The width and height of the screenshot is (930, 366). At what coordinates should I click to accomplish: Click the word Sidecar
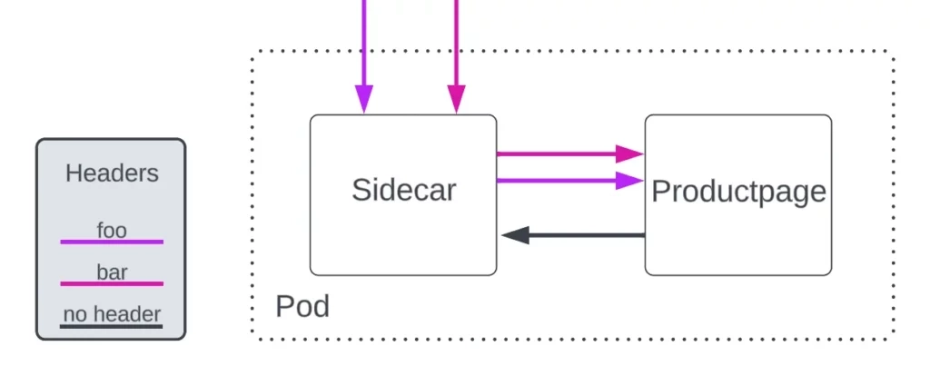click(403, 191)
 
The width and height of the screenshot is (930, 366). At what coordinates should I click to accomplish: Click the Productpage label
click(738, 192)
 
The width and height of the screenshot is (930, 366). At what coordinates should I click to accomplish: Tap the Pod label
click(302, 306)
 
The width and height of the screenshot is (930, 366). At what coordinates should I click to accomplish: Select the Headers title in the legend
click(112, 173)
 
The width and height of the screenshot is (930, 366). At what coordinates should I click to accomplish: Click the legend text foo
click(112, 231)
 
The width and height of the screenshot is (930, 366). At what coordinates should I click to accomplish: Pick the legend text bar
click(112, 272)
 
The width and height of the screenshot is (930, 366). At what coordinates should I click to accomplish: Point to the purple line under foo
click(112, 242)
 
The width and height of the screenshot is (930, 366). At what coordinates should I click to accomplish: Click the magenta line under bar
click(112, 283)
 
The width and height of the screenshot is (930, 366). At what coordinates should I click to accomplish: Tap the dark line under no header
click(112, 326)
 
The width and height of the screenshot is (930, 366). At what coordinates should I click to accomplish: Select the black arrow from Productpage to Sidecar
click(581, 235)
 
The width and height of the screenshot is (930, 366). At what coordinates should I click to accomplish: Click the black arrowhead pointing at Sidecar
click(515, 235)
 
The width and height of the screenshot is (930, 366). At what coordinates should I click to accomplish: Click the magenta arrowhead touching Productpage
click(629, 153)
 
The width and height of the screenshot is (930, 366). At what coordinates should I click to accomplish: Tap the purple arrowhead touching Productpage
click(629, 181)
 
